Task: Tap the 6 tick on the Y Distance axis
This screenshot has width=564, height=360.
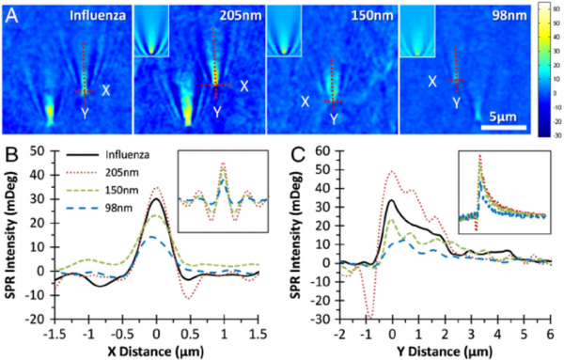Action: click(551, 333)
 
